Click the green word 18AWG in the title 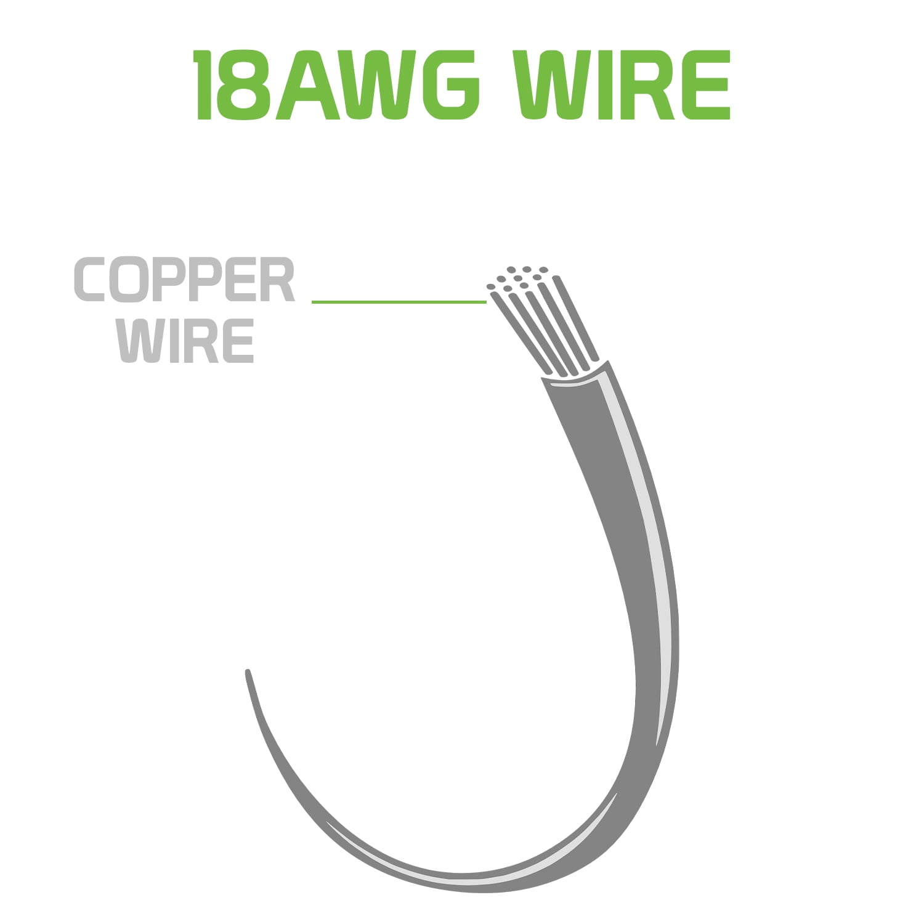pyautogui.click(x=336, y=85)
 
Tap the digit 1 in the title pyautogui.click(x=204, y=85)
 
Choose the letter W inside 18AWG pyautogui.click(x=378, y=85)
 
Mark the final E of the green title pyautogui.click(x=709, y=85)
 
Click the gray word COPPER pyautogui.click(x=184, y=280)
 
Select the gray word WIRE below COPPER pyautogui.click(x=185, y=340)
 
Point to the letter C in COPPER pyautogui.click(x=91, y=280)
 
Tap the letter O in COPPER pyautogui.click(x=130, y=280)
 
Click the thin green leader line pyautogui.click(x=399, y=302)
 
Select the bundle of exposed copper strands pyautogui.click(x=542, y=320)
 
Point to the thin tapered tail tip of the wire pyautogui.click(x=248, y=671)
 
